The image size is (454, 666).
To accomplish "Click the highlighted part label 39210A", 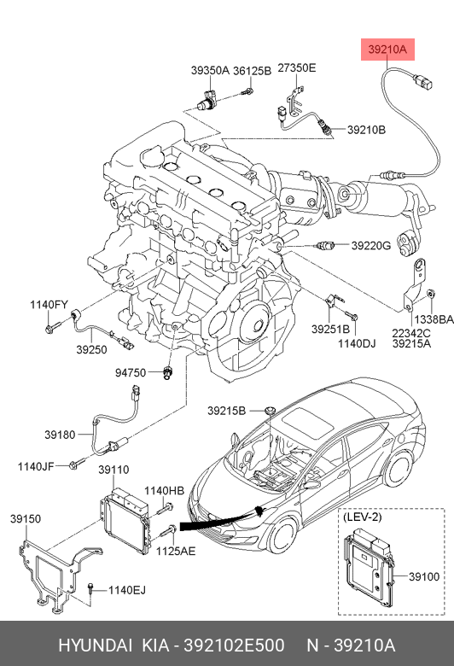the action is coord(387,50).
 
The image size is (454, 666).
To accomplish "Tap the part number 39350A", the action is coord(210,71).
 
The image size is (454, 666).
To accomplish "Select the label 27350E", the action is coord(297,68).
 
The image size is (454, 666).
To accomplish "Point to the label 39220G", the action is coord(370,246).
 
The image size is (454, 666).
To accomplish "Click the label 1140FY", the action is coord(49,305).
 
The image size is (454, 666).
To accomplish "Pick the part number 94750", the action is coord(131,372).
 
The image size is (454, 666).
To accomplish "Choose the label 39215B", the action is coord(226,411).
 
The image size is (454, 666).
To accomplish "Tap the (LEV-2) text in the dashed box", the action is coord(363,517).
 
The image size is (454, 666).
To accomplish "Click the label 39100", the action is coord(424,576).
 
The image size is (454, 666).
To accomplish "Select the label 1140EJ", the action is coord(127,590).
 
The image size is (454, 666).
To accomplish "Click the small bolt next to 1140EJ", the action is coord(90,588).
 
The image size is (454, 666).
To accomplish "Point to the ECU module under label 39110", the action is coord(125,521).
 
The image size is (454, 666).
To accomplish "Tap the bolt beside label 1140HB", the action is coord(165,508).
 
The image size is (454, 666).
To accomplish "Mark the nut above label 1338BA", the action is coord(431,293).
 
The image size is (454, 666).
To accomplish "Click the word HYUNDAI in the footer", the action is coord(95,646).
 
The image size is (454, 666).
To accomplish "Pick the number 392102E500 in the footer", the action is coord(234,646).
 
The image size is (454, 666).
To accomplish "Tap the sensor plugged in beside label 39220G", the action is coord(326,245).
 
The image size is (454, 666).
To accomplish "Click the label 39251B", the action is coord(330,330).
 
